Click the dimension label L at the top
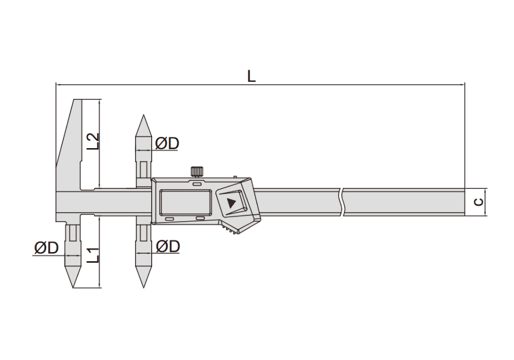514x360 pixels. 251,76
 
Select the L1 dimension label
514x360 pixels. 93,255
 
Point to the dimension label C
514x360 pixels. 479,202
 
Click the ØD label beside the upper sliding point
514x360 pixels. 167,143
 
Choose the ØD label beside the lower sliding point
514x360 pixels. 168,246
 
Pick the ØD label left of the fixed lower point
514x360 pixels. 46,248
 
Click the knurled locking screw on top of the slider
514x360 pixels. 197,171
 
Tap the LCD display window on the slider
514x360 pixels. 186,202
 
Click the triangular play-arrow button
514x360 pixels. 231,203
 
